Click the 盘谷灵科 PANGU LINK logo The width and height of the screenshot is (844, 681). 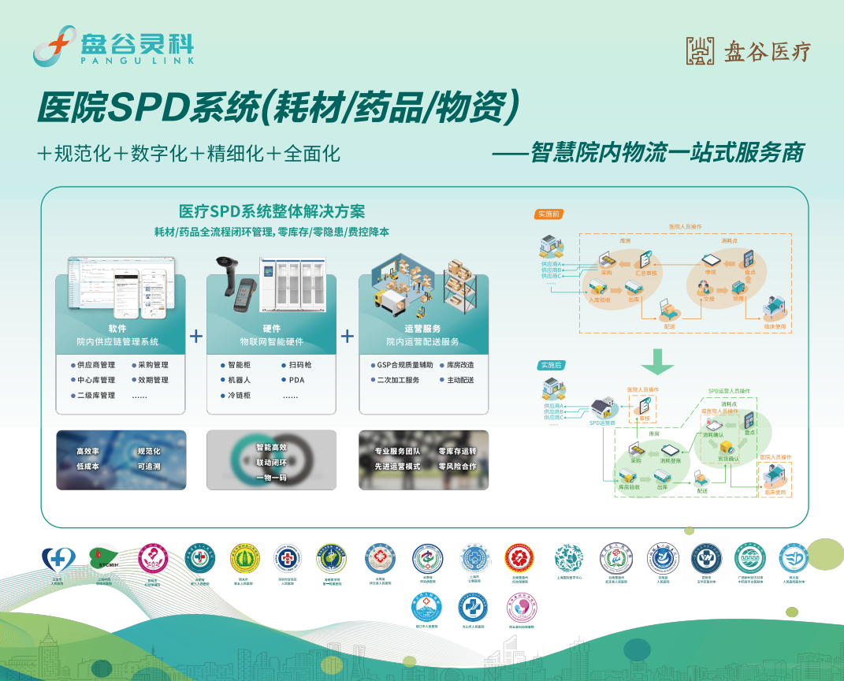tap(113, 45)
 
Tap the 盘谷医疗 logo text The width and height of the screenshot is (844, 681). tap(748, 51)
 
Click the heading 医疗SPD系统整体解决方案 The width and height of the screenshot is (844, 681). tap(272, 211)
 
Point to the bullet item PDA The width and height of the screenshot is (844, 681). tap(296, 380)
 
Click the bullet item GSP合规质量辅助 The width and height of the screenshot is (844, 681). tap(404, 365)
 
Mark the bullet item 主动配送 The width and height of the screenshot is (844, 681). tap(460, 380)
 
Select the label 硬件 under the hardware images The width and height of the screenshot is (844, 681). tap(271, 329)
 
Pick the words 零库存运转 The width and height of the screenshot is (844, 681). tap(457, 452)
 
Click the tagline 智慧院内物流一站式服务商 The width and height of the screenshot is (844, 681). tap(667, 152)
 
